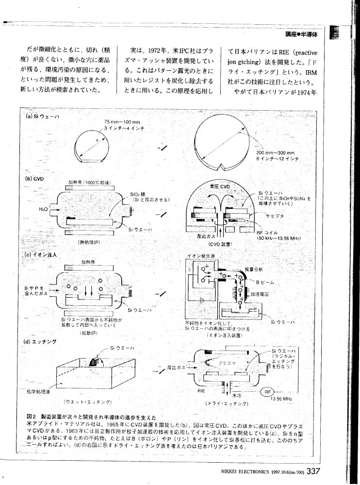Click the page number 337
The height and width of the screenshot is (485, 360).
pos(312,471)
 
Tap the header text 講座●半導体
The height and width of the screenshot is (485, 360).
pos(301,35)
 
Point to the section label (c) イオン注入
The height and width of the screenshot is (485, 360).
pos(40,254)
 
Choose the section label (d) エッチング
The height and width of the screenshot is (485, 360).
pos(40,341)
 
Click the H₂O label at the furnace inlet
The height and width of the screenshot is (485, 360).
pos(43,209)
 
